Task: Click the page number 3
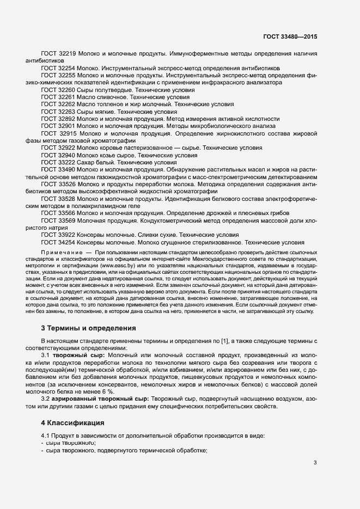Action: click(314, 463)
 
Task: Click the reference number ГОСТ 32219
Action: click(58, 55)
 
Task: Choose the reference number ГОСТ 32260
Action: click(58, 90)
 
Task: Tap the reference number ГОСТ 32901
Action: click(58, 126)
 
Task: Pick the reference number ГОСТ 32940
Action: click(58, 155)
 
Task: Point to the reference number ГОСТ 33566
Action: click(58, 213)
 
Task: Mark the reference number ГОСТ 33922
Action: click(58, 235)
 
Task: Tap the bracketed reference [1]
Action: click(223, 341)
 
